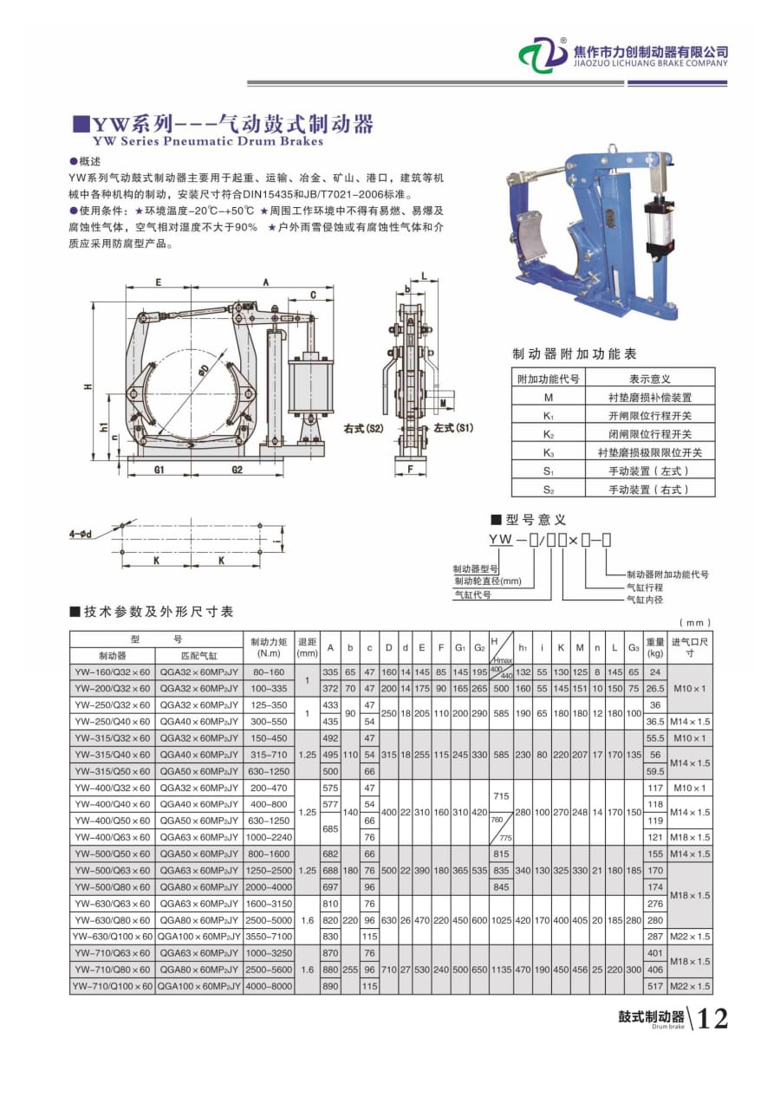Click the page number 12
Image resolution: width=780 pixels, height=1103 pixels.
pos(712,1019)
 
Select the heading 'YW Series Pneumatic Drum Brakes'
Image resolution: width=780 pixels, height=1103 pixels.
pos(208,141)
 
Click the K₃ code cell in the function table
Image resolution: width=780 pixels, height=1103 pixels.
pos(548,452)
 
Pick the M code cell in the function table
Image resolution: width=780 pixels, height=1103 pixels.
pos(548,397)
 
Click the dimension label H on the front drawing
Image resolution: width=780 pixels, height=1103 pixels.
pos(88,386)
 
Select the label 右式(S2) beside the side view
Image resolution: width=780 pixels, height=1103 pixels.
pos(363,428)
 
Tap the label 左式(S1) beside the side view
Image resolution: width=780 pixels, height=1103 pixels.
pos(454,428)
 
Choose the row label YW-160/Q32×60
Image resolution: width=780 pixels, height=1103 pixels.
pos(113,672)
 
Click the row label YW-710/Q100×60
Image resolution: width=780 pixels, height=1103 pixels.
pos(113,986)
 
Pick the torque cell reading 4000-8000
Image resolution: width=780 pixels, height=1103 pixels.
pos(269,986)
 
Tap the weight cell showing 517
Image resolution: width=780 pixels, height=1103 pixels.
pos(655,986)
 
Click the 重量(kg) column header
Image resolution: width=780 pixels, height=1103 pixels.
pos(655,647)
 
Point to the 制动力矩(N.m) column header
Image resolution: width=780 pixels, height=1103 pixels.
pos(269,647)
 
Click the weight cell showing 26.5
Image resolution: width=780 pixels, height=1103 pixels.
pos(655,688)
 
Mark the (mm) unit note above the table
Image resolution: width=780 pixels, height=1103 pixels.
pos(695,622)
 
